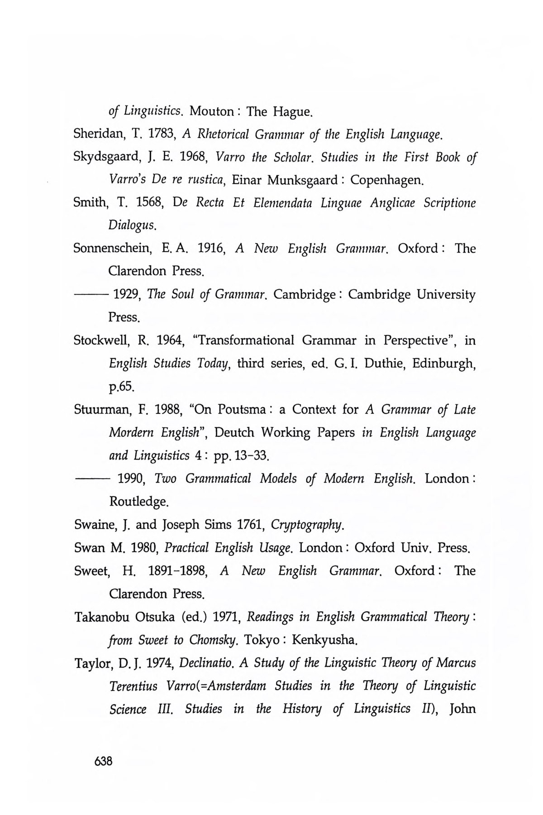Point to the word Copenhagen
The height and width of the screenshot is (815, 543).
(387, 181)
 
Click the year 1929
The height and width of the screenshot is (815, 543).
(128, 295)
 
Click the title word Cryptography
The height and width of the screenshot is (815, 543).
(309, 525)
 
